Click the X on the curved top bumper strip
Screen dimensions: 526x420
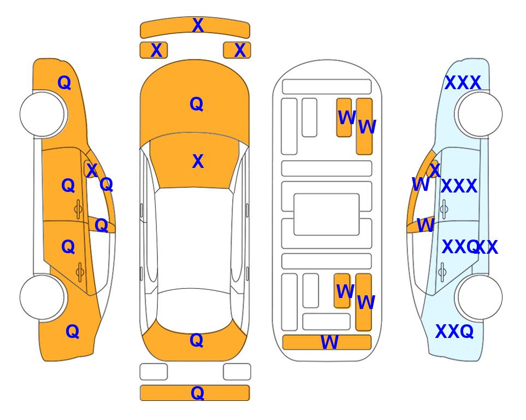pos(198,25)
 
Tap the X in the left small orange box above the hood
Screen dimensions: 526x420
pos(156,50)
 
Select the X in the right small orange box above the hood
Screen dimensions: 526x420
pos(240,50)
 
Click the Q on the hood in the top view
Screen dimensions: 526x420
pos(196,104)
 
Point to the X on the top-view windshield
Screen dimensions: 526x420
pos(198,161)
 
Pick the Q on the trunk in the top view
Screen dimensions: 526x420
pos(196,340)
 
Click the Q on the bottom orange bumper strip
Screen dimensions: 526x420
pos(197,393)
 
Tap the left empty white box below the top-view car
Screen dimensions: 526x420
pos(153,372)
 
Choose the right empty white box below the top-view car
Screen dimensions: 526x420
pos(237,372)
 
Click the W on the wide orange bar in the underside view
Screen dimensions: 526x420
pos(329,342)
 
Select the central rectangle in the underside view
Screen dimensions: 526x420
pos(327,214)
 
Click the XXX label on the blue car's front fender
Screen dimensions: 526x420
pos(463,83)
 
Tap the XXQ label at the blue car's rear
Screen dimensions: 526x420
pos(454,331)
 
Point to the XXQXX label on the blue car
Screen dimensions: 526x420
pos(470,247)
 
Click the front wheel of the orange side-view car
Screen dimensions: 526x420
pos(43,114)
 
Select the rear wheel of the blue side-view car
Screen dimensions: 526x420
pos(480,297)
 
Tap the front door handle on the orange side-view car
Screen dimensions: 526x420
pos(78,209)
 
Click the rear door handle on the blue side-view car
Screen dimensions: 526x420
pos(442,272)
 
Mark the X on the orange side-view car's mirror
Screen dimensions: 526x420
pos(91,170)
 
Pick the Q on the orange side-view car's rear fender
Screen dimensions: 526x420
pos(72,331)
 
